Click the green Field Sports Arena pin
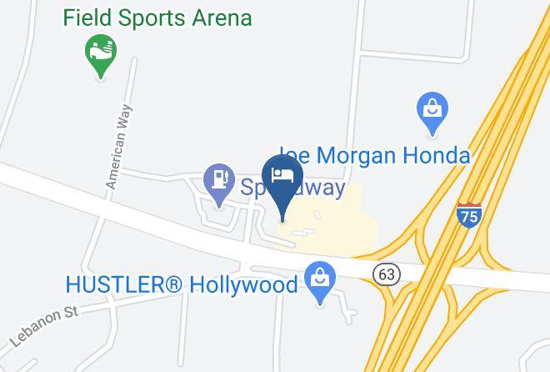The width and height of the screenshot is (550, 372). [x=101, y=53]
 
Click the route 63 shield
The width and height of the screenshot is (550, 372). [x=388, y=274]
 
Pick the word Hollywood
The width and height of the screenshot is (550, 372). [x=243, y=284]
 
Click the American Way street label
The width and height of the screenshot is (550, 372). [x=119, y=151]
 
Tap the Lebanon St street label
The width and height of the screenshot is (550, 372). [x=43, y=325]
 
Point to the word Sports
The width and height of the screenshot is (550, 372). [x=150, y=17]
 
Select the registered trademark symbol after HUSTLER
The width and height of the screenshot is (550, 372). [x=172, y=284]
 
